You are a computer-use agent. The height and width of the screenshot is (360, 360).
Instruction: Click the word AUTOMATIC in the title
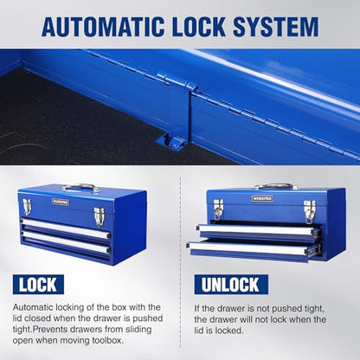pyautogui.click(x=103, y=27)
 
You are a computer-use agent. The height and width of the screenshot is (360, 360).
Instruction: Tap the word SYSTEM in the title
pyautogui.click(x=276, y=27)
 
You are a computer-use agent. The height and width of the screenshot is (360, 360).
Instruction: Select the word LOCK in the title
pyautogui.click(x=199, y=27)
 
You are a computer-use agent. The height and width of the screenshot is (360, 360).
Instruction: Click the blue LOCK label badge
pyautogui.click(x=38, y=285)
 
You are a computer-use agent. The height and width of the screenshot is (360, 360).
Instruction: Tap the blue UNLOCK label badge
pyautogui.click(x=231, y=285)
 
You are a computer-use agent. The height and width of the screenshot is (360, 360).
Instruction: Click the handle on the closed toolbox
pyautogui.click(x=80, y=188)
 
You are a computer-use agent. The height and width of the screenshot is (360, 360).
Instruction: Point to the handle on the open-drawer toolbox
pyautogui.click(x=276, y=186)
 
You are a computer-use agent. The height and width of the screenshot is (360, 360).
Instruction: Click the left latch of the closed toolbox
pyautogui.click(x=27, y=207)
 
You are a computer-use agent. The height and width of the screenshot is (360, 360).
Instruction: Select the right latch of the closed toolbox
pyautogui.click(x=99, y=216)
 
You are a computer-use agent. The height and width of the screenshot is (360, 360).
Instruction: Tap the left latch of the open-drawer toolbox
pyautogui.click(x=218, y=209)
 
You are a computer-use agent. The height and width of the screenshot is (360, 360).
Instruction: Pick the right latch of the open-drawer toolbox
pyautogui.click(x=310, y=211)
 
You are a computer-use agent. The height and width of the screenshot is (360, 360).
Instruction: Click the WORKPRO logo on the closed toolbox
pyautogui.click(x=61, y=202)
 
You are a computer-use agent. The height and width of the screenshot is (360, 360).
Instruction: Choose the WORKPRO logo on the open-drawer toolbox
pyautogui.click(x=262, y=198)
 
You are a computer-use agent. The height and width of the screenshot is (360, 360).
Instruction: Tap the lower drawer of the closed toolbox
pyautogui.click(x=65, y=242)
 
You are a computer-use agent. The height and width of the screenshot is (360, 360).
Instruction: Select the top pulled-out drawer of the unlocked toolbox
pyautogui.click(x=259, y=231)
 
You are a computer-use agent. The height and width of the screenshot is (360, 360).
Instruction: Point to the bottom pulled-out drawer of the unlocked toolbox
pyautogui.click(x=254, y=250)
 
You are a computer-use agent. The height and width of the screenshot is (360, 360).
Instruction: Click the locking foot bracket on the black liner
pyautogui.click(x=170, y=143)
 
